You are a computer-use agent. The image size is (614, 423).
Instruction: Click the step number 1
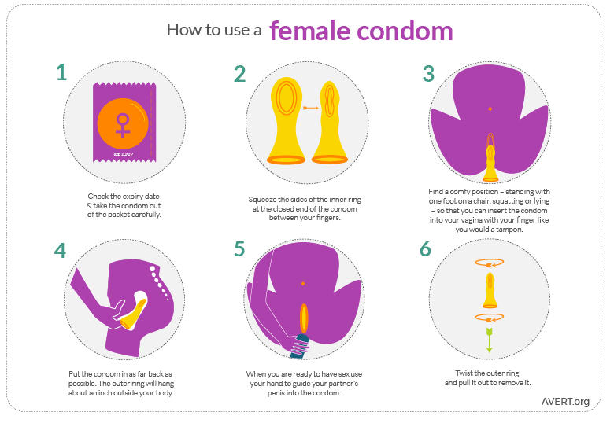[x=61, y=72]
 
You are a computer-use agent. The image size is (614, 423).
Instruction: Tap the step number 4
[x=61, y=251]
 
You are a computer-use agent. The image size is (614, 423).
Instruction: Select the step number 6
[x=425, y=249]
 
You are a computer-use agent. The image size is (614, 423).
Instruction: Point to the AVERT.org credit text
[x=565, y=402]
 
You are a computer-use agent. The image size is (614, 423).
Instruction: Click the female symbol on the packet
[x=123, y=126]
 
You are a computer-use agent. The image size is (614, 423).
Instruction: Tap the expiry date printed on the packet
[x=124, y=154]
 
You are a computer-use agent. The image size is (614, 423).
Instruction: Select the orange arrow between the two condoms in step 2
[x=311, y=108]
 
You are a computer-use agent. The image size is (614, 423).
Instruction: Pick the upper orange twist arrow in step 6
[x=490, y=263]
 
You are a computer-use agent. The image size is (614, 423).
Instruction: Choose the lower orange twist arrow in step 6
[x=489, y=318]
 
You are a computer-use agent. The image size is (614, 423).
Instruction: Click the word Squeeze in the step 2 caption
[x=262, y=200]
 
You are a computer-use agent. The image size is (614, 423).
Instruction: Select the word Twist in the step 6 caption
[x=464, y=373]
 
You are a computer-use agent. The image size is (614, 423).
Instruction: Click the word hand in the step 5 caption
[x=272, y=383]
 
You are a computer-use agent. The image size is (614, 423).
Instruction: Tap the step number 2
[x=239, y=74]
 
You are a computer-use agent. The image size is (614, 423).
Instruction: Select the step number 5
[x=239, y=249]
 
